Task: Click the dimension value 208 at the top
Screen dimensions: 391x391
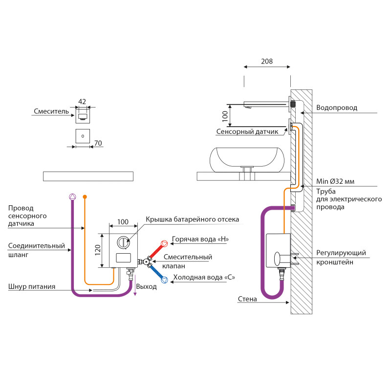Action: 267,62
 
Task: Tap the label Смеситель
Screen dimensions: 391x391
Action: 51,111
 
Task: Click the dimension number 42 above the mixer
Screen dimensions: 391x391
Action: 82,102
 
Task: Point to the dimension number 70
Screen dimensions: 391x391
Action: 98,143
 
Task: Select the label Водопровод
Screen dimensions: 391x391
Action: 336,108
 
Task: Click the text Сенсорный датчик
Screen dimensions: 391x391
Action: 247,131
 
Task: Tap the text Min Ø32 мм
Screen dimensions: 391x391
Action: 335,181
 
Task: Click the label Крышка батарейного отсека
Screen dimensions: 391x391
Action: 192,219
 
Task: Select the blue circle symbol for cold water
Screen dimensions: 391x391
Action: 166,280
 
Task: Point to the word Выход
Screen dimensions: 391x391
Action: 147,286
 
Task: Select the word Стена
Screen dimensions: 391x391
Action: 247,299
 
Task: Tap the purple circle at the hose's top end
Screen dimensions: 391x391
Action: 72,196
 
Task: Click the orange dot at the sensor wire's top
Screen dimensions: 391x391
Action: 85,196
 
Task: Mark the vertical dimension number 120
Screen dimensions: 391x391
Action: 97,250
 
